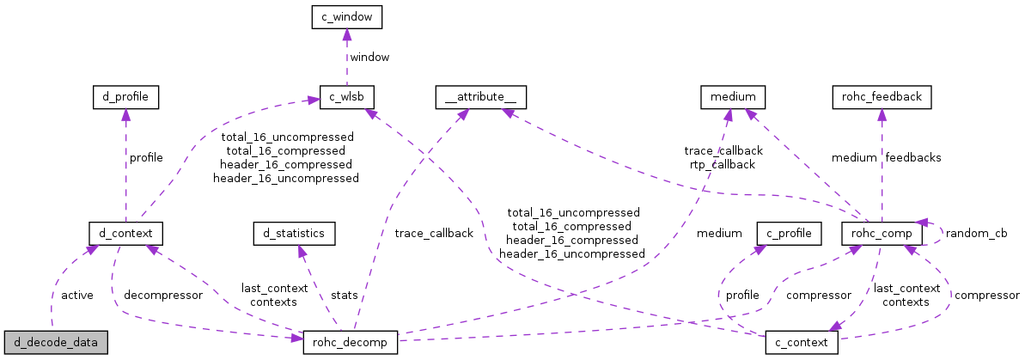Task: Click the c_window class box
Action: [346, 16]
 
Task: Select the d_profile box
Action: [125, 97]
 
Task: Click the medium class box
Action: [732, 97]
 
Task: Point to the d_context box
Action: [125, 232]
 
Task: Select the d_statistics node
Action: [294, 232]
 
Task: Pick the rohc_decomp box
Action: [350, 342]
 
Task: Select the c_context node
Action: [801, 342]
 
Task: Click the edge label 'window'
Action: [370, 57]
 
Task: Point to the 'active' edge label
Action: [77, 295]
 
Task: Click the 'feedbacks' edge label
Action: [912, 157]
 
